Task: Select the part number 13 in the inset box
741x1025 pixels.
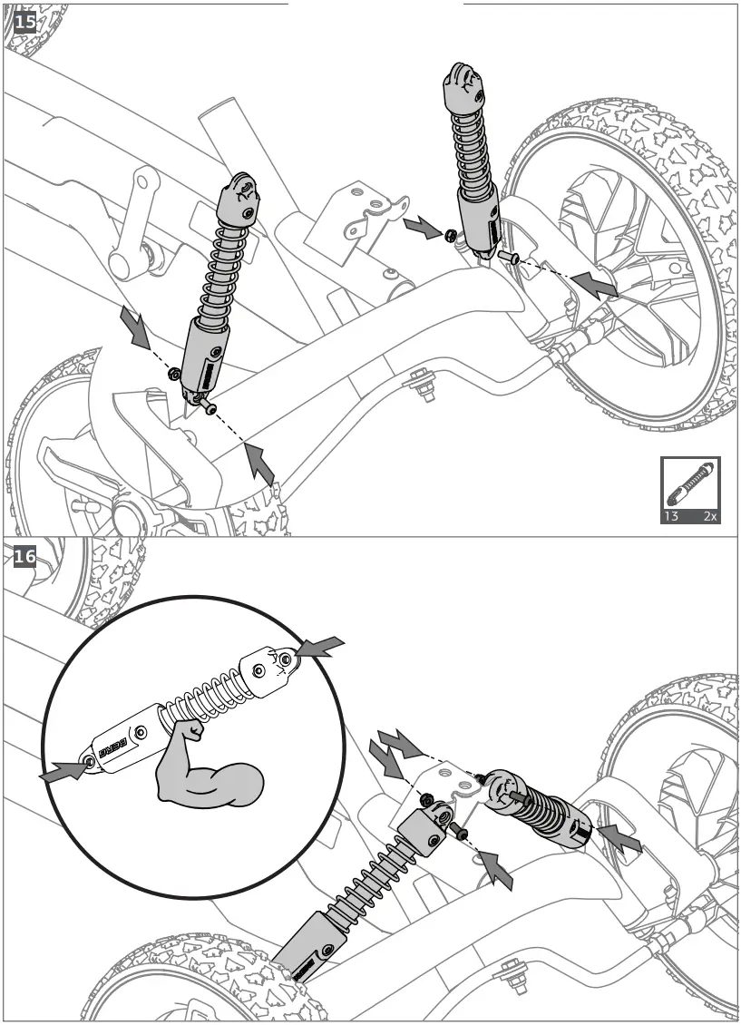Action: click(672, 515)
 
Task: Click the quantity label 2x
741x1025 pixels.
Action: click(710, 515)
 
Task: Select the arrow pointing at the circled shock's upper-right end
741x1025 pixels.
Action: click(319, 648)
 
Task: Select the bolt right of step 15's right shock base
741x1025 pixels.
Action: click(509, 258)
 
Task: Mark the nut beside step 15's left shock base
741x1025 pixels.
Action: click(173, 372)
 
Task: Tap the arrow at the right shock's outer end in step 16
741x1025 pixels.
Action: click(622, 839)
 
